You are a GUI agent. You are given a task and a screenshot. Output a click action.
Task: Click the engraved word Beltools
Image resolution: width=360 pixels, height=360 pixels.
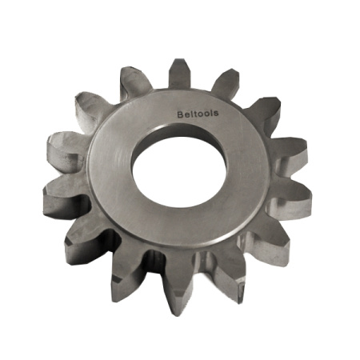[198, 114]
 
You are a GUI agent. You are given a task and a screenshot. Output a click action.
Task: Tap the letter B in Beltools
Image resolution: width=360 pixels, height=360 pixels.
[180, 114]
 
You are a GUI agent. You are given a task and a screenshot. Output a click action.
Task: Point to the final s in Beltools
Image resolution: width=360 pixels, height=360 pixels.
[216, 114]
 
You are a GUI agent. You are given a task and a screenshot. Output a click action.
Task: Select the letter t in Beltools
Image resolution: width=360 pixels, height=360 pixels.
[195, 114]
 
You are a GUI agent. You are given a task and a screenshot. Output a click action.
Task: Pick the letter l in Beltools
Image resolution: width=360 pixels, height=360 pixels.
[191, 114]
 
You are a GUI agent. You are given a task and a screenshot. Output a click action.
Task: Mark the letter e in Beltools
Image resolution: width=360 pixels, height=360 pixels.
[187, 114]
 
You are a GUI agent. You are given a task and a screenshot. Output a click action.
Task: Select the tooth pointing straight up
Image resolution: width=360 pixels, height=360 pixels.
[179, 74]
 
